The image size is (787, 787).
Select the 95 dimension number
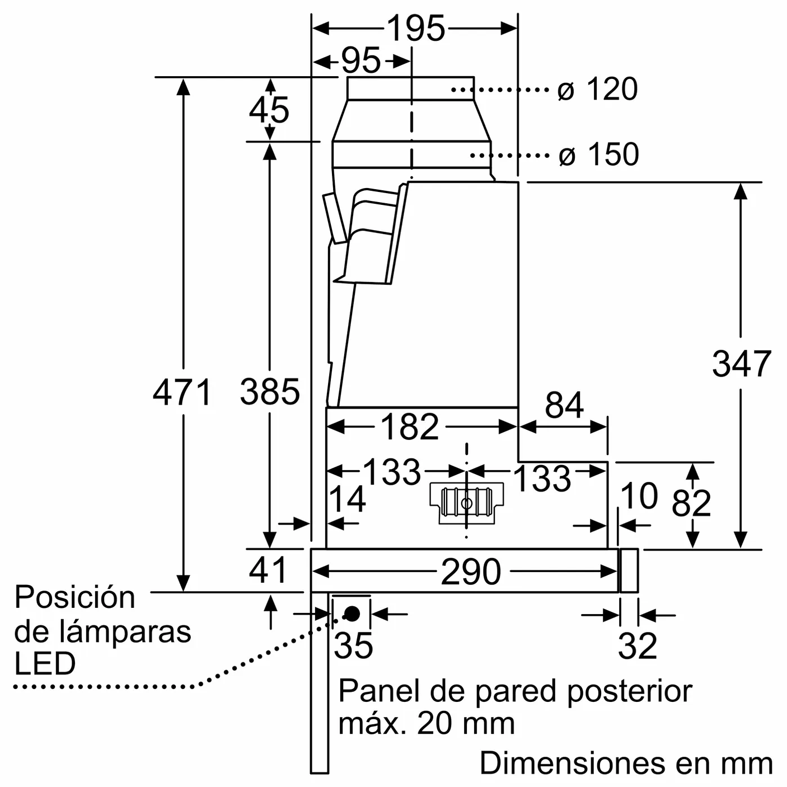361,60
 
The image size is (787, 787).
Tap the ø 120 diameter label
598,89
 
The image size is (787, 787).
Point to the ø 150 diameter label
599,154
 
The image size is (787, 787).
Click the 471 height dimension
182,392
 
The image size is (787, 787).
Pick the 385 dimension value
270,392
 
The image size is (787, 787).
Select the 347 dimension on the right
741,364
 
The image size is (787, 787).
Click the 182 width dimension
410,427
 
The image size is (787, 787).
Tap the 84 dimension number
564,405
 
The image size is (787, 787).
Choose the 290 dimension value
471,572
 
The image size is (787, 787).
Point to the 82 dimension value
691,502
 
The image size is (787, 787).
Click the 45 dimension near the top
269,110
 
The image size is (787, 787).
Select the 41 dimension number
268,570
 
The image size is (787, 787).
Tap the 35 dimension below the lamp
353,645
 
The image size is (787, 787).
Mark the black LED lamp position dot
352,614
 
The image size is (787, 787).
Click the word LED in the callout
45,664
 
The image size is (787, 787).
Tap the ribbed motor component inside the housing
466,502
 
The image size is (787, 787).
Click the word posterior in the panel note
630,692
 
